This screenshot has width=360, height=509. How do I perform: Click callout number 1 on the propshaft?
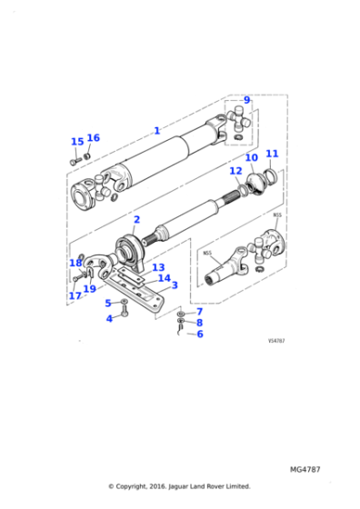[x=156, y=131]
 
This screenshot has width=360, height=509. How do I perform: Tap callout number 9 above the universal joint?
[x=246, y=100]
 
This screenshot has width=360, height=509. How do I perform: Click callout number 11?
[x=272, y=155]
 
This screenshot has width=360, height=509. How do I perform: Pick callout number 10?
[x=252, y=158]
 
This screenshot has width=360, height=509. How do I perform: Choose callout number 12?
[x=235, y=171]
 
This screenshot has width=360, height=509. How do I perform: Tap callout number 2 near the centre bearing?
[x=136, y=220]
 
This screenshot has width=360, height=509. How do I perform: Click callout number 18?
[x=75, y=264]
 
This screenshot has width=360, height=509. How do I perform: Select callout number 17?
[x=75, y=295]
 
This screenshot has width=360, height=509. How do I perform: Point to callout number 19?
[x=90, y=290]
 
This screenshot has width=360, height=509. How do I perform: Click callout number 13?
[x=158, y=268]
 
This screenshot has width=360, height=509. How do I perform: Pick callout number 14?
[x=164, y=278]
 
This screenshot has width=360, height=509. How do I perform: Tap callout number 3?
[x=175, y=285]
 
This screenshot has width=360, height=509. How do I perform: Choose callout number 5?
[x=107, y=303]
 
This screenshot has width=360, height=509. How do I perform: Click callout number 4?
[x=109, y=318]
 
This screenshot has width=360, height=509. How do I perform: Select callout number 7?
[x=199, y=311]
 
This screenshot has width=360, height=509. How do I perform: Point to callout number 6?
[x=200, y=334]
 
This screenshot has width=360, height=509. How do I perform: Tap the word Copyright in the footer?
[x=139, y=486]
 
